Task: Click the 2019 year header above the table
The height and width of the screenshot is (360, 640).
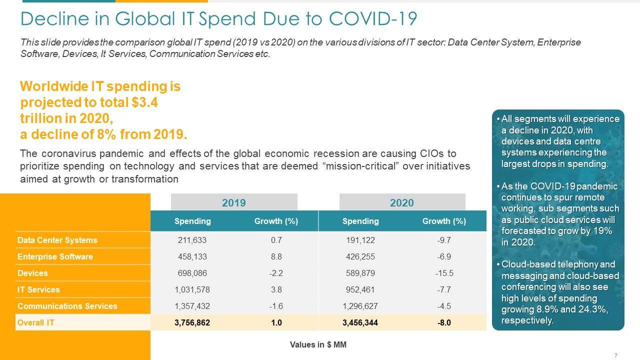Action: pyautogui.click(x=234, y=202)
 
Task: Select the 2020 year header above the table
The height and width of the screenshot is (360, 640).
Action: pyautogui.click(x=402, y=202)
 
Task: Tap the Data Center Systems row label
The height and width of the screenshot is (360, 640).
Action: pyautogui.click(x=57, y=240)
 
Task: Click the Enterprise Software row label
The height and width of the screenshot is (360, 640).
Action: pyautogui.click(x=55, y=256)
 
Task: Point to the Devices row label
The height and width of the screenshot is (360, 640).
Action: pyautogui.click(x=32, y=273)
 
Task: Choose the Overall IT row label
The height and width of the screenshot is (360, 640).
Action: pyautogui.click(x=36, y=322)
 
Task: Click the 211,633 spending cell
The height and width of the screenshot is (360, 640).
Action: pyautogui.click(x=192, y=240)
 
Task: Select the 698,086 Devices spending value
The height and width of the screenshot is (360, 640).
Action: pyautogui.click(x=192, y=273)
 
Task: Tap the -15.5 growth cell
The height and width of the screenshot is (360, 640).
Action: pyautogui.click(x=444, y=273)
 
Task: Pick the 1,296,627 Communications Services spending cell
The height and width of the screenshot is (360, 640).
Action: pyautogui.click(x=360, y=306)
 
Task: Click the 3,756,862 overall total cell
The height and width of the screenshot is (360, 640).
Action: pyautogui.click(x=192, y=322)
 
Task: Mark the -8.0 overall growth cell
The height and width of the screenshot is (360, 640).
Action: pyautogui.click(x=444, y=322)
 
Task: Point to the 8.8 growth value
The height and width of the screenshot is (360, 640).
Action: pyautogui.click(x=276, y=256)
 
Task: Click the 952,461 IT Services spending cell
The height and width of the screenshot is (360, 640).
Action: pyautogui.click(x=360, y=289)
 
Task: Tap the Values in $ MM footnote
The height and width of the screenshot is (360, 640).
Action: pyautogui.click(x=318, y=344)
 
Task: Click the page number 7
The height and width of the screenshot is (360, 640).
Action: pyautogui.click(x=615, y=355)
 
